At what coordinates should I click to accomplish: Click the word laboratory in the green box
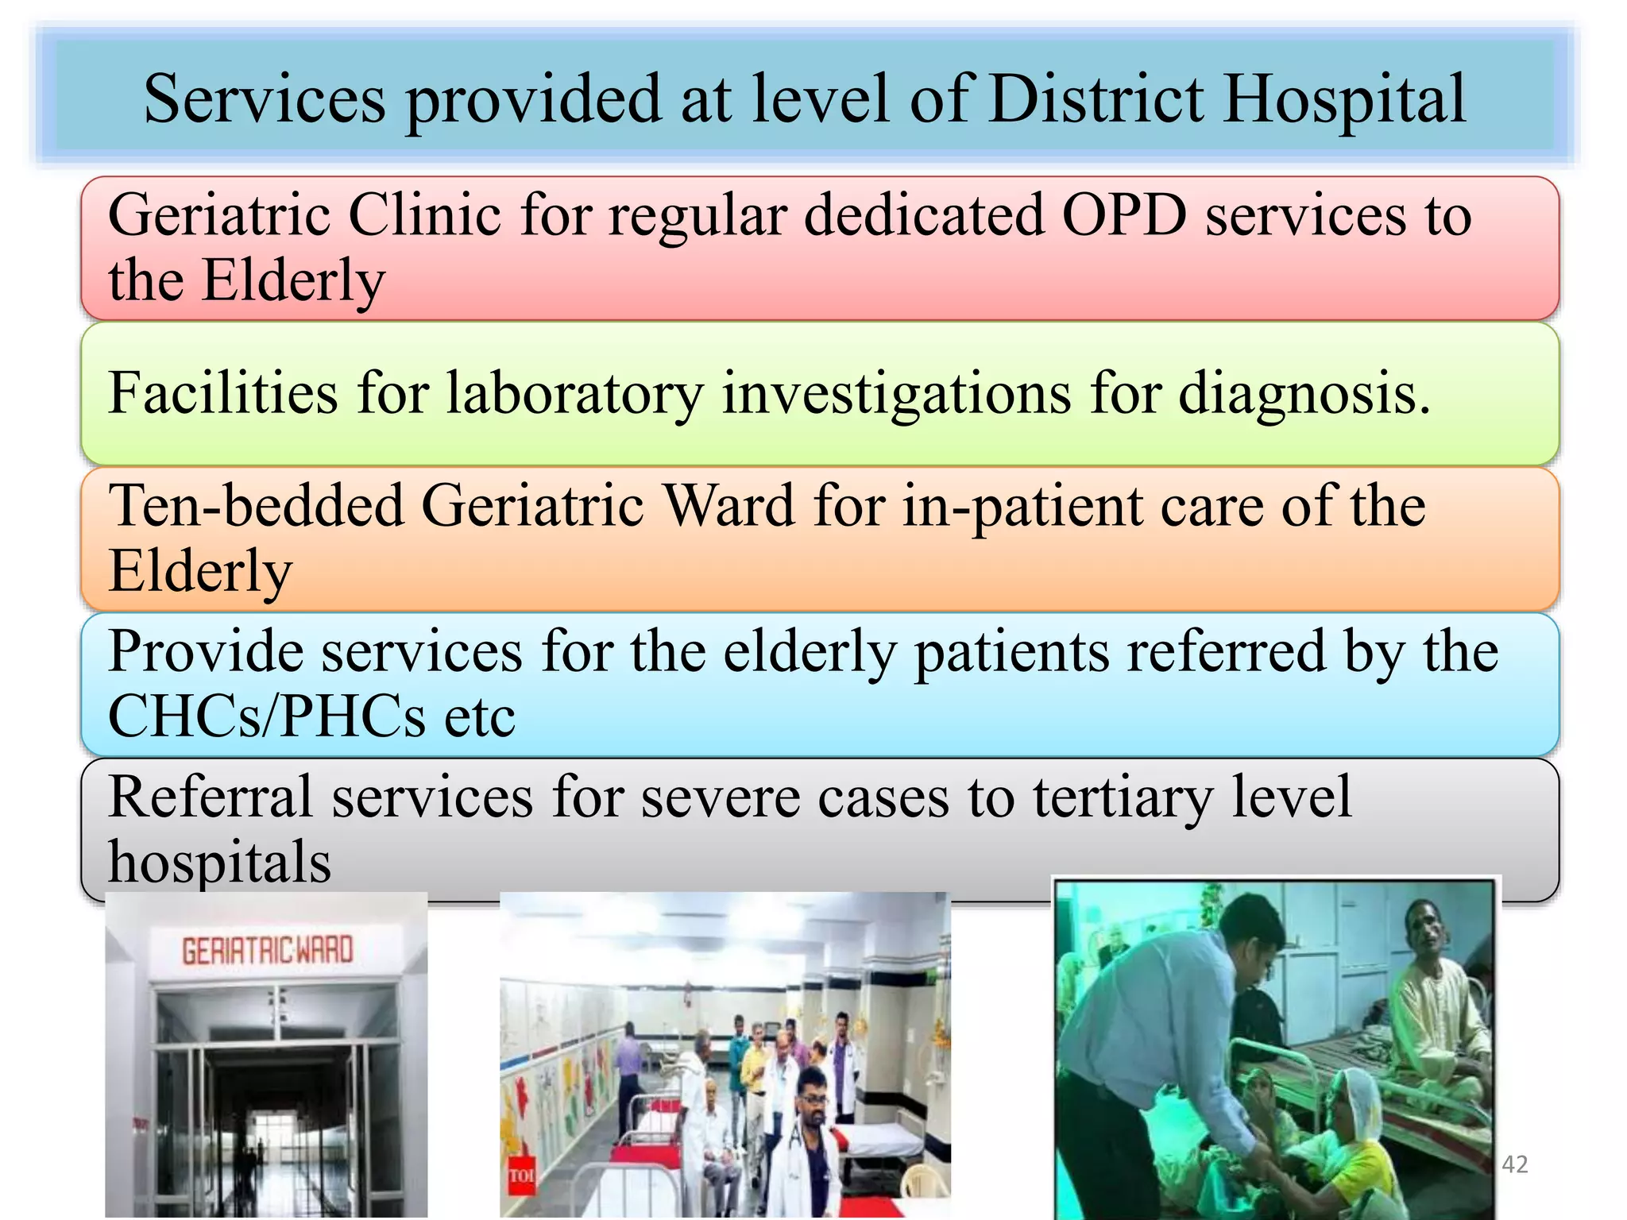coord(574,393)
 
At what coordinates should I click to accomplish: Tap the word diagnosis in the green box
coord(1303,393)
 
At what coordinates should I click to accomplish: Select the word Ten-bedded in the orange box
coord(256,506)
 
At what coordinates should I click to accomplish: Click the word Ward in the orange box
coord(728,506)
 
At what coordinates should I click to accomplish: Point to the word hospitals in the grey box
coord(219,863)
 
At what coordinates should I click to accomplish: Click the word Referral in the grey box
coord(211,797)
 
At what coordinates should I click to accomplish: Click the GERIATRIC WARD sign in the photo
coord(267,950)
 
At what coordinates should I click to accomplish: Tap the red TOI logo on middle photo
coord(521,1175)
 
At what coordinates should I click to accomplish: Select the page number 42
coord(1515,1164)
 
